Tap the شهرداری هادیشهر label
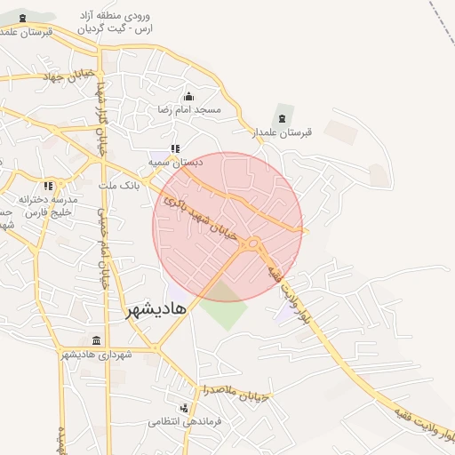click(x=96, y=355)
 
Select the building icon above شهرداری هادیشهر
click(x=97, y=341)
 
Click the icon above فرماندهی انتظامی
click(x=184, y=408)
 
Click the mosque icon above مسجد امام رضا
click(x=188, y=97)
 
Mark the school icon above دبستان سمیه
click(x=175, y=149)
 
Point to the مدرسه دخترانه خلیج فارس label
click(x=49, y=206)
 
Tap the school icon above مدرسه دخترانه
click(x=48, y=186)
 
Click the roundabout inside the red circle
click(x=254, y=243)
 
